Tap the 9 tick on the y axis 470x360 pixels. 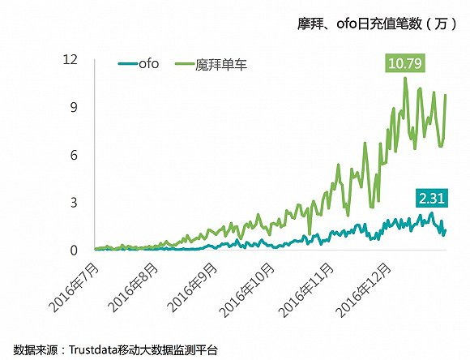[74, 107]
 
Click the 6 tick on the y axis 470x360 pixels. [74, 154]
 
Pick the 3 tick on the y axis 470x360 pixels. [74, 202]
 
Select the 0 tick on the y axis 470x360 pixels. [74, 250]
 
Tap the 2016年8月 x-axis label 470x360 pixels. [135, 281]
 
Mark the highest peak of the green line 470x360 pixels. [405, 79]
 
